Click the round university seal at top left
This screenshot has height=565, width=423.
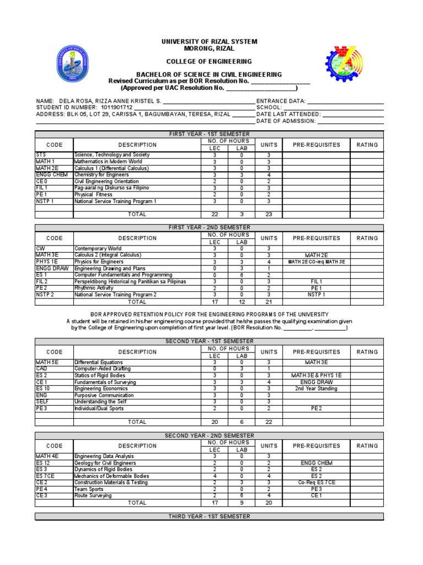point(72,66)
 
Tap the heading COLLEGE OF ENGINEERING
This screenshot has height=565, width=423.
point(209,62)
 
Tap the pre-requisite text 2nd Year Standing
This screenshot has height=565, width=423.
point(316,389)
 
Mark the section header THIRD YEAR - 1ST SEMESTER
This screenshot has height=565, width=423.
point(209,516)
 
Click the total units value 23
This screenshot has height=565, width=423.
point(269,215)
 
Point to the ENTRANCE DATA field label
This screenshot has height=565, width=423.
point(280,101)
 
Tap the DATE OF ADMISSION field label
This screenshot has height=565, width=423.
point(286,121)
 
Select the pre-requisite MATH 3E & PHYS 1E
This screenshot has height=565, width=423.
point(316,376)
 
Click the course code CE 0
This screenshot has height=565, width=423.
point(42,182)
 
